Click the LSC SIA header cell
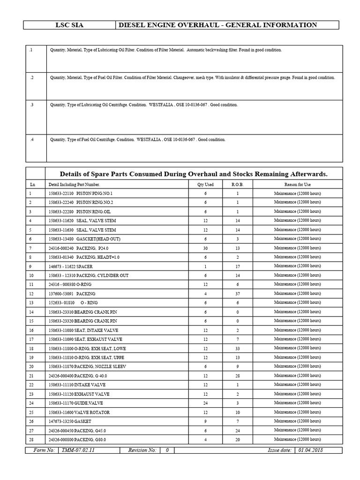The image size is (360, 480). [x=69, y=25]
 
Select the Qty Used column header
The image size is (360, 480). [x=205, y=185]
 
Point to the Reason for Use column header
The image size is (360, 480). [x=297, y=185]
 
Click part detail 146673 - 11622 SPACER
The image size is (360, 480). [x=70, y=266]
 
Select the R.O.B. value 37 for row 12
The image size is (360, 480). [x=238, y=293]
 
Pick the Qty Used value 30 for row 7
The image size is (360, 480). [x=205, y=248]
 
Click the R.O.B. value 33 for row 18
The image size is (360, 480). [x=238, y=348]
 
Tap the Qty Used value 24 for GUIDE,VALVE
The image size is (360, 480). [x=205, y=403]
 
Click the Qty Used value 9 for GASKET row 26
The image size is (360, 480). [x=205, y=421]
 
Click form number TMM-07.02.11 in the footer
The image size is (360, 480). [x=79, y=450]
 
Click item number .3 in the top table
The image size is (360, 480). [x=31, y=105]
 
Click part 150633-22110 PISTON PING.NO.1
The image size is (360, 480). [x=80, y=194]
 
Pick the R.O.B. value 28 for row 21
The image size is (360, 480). [x=238, y=375]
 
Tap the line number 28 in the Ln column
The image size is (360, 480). [x=31, y=440]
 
